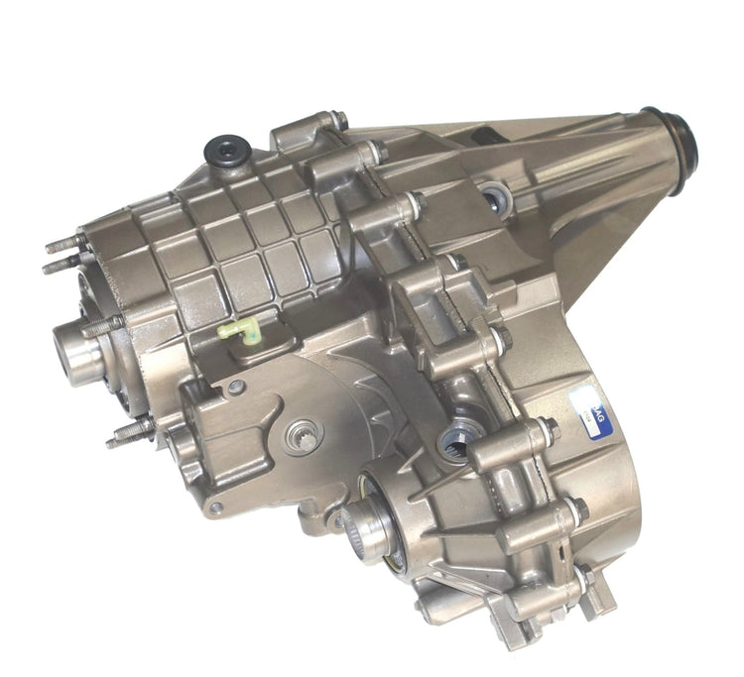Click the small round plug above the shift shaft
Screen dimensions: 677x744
236,389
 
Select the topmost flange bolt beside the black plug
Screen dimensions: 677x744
338,121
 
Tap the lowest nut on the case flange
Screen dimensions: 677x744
584,575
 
